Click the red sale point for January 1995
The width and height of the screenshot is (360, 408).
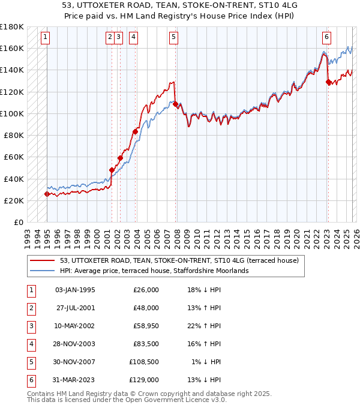pyautogui.click(x=47, y=194)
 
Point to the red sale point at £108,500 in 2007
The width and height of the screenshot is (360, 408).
pyautogui.click(x=175, y=104)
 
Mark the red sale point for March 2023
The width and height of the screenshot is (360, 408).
pyautogui.click(x=328, y=82)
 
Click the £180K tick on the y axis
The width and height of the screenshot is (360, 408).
pyautogui.click(x=12, y=26)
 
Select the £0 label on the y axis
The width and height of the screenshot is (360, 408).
pyautogui.click(x=19, y=222)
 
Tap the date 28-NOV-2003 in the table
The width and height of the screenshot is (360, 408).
pyautogui.click(x=75, y=343)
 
